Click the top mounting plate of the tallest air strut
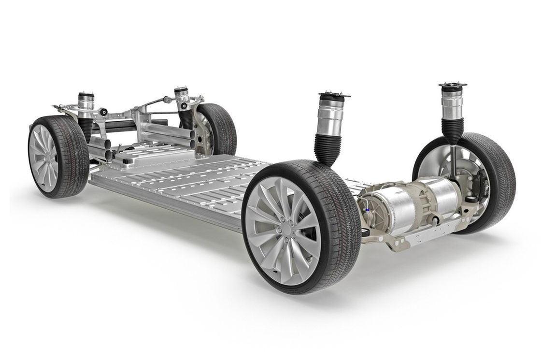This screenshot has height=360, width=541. pyautogui.click(x=452, y=86)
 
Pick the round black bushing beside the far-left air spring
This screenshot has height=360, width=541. pyautogui.click(x=103, y=112)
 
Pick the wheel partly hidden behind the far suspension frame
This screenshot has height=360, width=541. pyautogui.click(x=217, y=128)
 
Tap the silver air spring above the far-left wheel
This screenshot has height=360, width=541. pyautogui.click(x=86, y=104)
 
